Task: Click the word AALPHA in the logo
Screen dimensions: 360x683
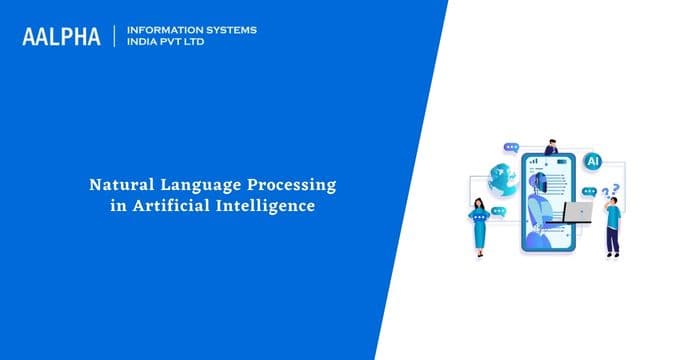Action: [61, 37]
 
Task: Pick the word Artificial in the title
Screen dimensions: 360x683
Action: [181, 206]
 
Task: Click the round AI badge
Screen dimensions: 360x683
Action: [592, 160]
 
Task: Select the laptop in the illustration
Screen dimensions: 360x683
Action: [578, 212]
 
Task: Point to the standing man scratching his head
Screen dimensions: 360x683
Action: [612, 225]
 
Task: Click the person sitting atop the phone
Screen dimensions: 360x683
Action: [551, 146]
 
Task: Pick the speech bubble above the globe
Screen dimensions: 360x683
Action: [511, 148]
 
